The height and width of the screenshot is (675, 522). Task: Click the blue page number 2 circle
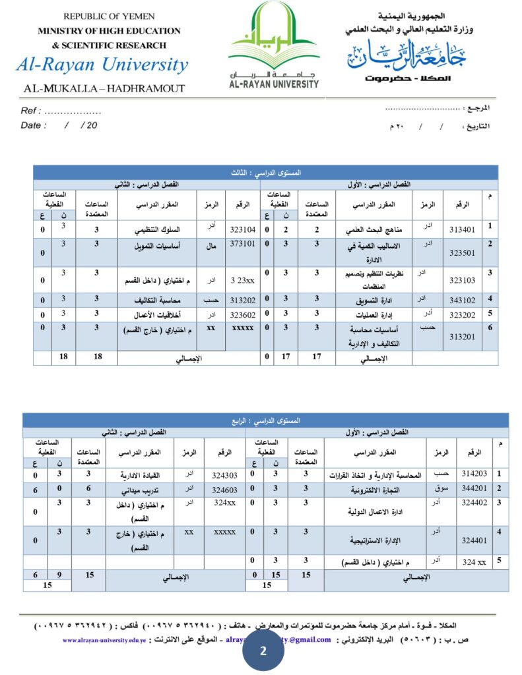point(263,651)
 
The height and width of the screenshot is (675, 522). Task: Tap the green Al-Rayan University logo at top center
point(274,45)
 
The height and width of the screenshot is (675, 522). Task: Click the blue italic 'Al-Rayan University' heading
point(102,65)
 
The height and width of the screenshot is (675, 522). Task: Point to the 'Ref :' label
point(31,111)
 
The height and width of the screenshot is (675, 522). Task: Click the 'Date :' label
point(34,125)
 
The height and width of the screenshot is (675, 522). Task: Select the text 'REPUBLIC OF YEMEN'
point(108,16)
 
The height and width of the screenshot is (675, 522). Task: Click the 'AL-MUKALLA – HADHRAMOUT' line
point(104,88)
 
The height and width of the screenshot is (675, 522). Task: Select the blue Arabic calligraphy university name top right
point(407,55)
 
